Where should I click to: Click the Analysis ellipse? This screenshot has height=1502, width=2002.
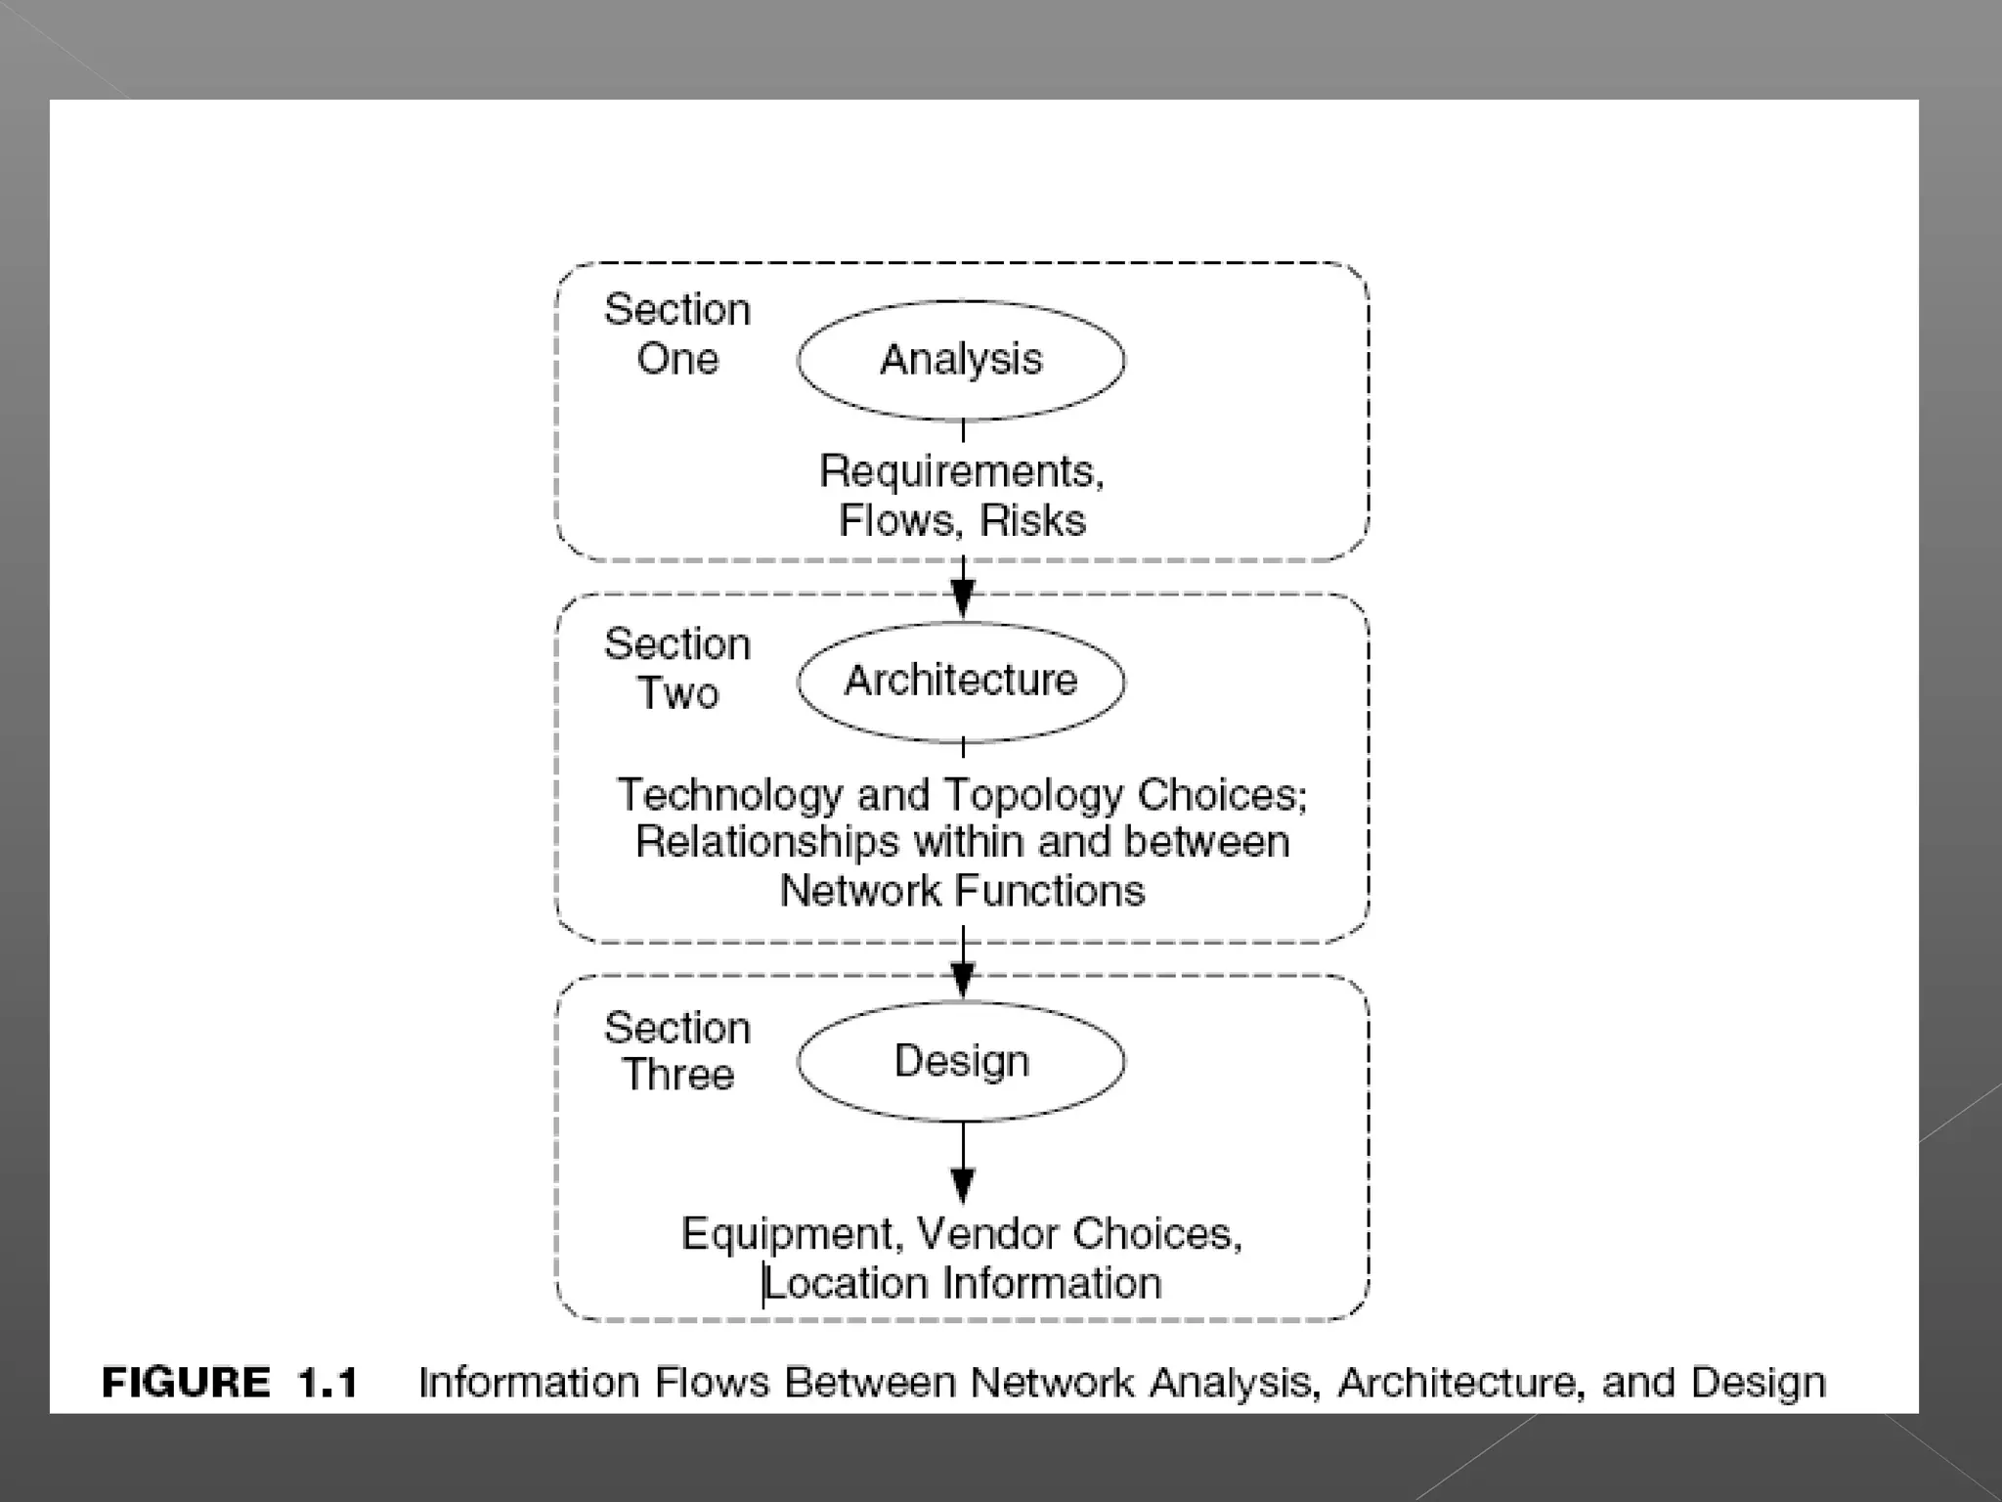pyautogui.click(x=961, y=360)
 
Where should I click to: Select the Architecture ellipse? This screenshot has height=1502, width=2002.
pyautogui.click(x=961, y=681)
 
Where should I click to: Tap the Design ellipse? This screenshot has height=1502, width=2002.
pyautogui.click(x=961, y=1061)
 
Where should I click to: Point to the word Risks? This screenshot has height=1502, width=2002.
pyautogui.click(x=1032, y=521)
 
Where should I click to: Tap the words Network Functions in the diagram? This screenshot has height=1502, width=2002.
pyautogui.click(x=962, y=891)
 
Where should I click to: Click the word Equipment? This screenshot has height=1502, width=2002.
pyautogui.click(x=790, y=1235)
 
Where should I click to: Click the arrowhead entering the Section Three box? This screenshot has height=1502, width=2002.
pyautogui.click(x=963, y=977)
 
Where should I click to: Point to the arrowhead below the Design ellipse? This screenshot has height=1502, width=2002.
pyautogui.click(x=963, y=1185)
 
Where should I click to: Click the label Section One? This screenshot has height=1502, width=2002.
pyautogui.click(x=677, y=334)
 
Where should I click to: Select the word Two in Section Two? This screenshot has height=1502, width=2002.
pyautogui.click(x=677, y=693)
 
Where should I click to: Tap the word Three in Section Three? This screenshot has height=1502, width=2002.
pyautogui.click(x=677, y=1075)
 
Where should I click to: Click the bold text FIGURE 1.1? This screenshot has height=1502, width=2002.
pyautogui.click(x=231, y=1383)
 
